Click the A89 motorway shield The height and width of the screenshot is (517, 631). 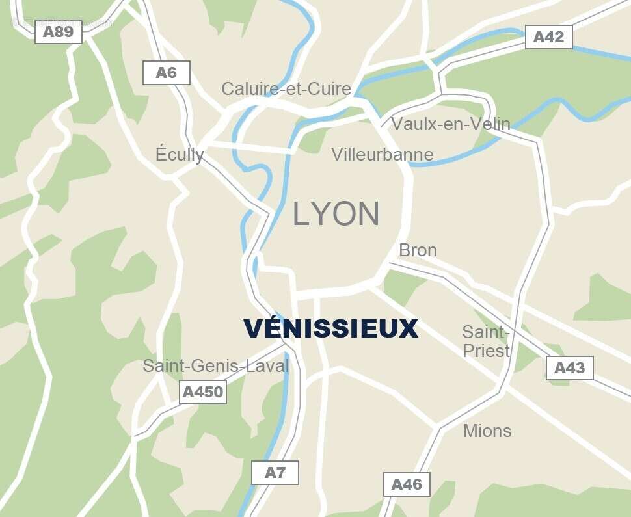(59, 31)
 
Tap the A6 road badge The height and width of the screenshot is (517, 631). (167, 73)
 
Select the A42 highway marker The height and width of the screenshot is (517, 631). (548, 37)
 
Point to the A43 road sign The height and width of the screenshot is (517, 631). (569, 368)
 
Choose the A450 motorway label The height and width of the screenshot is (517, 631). (203, 392)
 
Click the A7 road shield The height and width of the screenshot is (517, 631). (275, 473)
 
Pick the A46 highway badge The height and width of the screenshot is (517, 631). (407, 484)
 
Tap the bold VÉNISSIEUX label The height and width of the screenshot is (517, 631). (330, 329)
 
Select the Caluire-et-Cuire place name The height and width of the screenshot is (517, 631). (286, 88)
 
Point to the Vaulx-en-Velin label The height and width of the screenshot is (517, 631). (451, 124)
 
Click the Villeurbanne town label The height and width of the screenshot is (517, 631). (382, 154)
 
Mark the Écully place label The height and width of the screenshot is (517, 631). (180, 154)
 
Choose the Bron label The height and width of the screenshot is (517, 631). (418, 250)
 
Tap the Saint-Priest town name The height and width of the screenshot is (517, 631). (486, 341)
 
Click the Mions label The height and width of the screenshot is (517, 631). (487, 431)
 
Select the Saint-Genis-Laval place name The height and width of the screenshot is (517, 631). (216, 366)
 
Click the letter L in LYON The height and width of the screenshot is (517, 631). (301, 214)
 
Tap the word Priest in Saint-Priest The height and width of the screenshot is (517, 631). (486, 351)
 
